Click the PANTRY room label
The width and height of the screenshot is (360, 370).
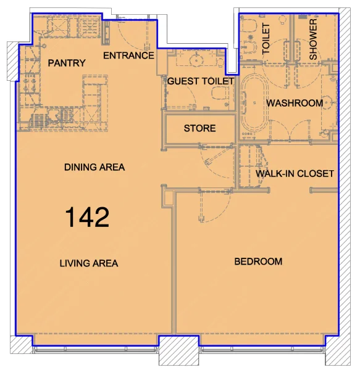[x=66, y=63]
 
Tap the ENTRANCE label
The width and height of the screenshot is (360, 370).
[x=128, y=55]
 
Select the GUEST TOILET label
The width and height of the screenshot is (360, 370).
[x=201, y=81]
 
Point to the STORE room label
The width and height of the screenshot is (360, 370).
[x=199, y=128]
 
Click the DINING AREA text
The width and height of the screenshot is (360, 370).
[x=94, y=167]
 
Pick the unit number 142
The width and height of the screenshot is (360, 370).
[x=88, y=217]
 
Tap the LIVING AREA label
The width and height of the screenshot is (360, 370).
[x=88, y=263]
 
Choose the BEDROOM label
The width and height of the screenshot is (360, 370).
[x=258, y=261]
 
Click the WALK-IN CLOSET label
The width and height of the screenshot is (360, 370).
[x=295, y=173]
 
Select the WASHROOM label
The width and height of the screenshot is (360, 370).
[x=295, y=103]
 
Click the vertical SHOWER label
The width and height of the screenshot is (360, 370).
[x=313, y=39]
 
